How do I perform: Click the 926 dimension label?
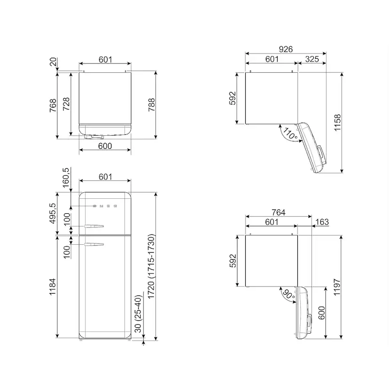tap(286, 49)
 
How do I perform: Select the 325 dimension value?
tap(312, 59)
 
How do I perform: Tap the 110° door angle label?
tap(290, 133)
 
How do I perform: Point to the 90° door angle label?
tap(288, 294)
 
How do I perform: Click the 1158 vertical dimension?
tap(338, 123)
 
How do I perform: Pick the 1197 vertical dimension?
tap(337, 287)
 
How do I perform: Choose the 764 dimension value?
tap(278, 212)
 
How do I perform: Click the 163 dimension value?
tap(322, 222)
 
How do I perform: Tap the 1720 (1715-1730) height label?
tap(151, 266)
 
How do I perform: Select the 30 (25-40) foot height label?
tap(138, 314)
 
